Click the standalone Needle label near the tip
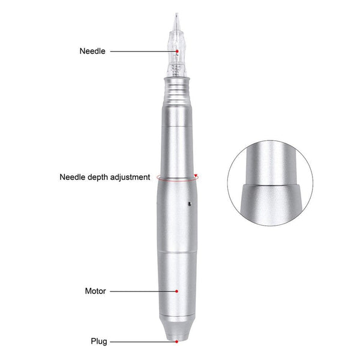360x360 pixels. point(92,51)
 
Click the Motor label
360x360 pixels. point(95,291)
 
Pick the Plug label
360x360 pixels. point(99,341)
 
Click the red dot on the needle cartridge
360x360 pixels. point(177,52)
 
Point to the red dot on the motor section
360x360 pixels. point(177,291)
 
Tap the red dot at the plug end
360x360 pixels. point(177,341)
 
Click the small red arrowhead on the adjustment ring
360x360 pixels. point(196,176)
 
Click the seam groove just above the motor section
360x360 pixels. point(177,253)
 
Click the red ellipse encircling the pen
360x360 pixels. point(157,178)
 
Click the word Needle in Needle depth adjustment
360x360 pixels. point(72,177)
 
